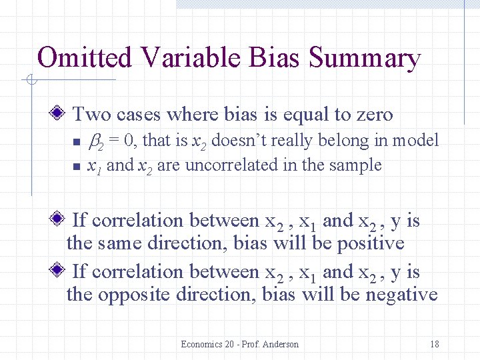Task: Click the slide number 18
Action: pyautogui.click(x=434, y=344)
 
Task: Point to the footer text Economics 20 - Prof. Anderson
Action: pyautogui.click(x=239, y=344)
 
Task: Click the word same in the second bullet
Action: pyautogui.click(x=121, y=243)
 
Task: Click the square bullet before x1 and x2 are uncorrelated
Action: pyautogui.click(x=76, y=166)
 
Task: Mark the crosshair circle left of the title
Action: pyautogui.click(x=30, y=81)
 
